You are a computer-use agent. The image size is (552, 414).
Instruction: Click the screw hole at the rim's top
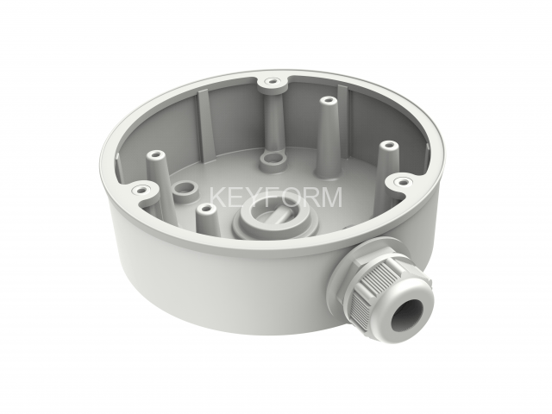coord(271,81)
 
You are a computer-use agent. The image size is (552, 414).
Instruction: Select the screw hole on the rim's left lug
coord(141,190)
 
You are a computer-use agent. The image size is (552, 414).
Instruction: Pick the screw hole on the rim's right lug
coord(401,182)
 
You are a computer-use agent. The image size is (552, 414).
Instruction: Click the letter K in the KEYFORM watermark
coord(218,198)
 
